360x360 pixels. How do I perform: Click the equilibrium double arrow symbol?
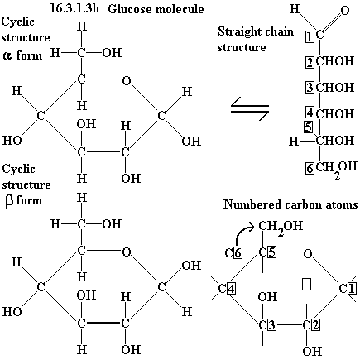click(x=250, y=108)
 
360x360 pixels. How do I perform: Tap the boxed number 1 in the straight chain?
click(x=310, y=36)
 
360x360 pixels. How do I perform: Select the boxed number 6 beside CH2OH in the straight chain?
click(x=310, y=168)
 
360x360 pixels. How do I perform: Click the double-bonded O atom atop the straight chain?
click(x=344, y=11)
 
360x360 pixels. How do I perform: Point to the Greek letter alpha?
click(x=7, y=55)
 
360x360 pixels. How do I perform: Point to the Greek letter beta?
click(x=9, y=201)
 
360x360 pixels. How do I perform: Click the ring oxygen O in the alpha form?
click(x=127, y=80)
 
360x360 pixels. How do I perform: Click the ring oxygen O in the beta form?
click(x=127, y=252)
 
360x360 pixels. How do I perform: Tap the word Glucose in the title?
click(x=129, y=9)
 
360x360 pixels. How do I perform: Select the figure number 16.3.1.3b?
click(x=74, y=8)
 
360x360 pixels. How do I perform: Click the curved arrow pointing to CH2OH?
click(x=244, y=234)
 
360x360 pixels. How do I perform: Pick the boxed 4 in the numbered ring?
click(x=231, y=289)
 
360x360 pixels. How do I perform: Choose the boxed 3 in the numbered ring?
click(x=271, y=324)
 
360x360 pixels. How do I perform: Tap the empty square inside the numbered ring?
click(x=306, y=285)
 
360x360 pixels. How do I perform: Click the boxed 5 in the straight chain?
click(x=308, y=127)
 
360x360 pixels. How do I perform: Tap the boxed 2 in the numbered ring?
click(x=315, y=324)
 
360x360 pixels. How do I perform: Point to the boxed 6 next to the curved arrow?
click(x=238, y=252)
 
